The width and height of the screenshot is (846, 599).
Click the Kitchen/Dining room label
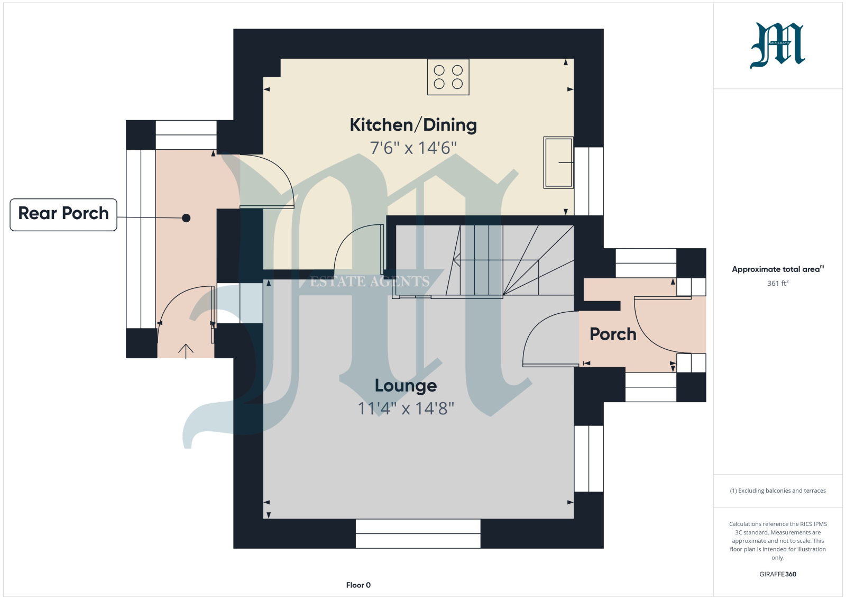(413, 125)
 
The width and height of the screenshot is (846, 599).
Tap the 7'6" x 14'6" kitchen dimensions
(413, 148)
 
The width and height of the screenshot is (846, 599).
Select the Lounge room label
(406, 386)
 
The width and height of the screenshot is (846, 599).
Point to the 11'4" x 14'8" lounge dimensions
(406, 409)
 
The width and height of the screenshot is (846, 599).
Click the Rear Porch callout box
(63, 215)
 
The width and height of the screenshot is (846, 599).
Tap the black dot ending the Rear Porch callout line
(186, 218)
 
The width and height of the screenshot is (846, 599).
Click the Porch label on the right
(613, 334)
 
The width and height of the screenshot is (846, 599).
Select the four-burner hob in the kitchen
(448, 77)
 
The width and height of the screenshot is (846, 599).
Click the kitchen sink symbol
(558, 162)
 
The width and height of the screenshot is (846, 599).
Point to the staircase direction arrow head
(456, 260)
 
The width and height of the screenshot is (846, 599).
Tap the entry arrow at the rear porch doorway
(186, 351)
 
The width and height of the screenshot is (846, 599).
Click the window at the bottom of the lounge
(418, 533)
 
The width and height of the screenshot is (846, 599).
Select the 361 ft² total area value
(778, 283)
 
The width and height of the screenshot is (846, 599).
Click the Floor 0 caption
(358, 585)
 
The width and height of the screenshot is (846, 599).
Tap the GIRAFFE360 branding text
(778, 574)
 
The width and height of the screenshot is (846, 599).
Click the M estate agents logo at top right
(778, 46)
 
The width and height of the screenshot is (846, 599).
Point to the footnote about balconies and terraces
(778, 491)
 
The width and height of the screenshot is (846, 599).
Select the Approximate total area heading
(778, 269)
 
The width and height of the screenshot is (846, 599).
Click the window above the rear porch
(186, 135)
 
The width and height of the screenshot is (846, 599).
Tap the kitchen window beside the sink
(589, 181)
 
